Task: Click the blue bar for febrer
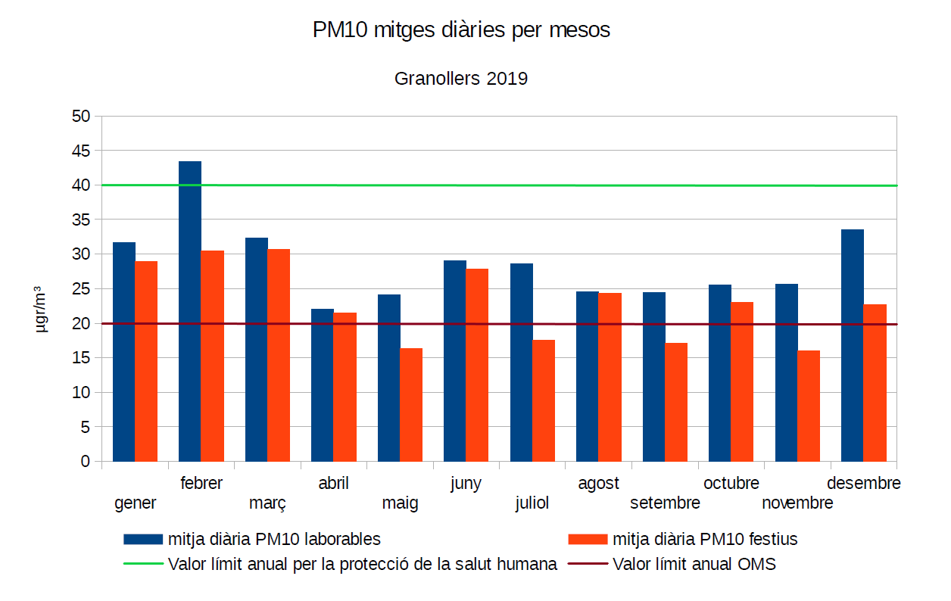click(x=190, y=311)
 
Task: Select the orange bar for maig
click(x=411, y=404)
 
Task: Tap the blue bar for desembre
click(x=853, y=345)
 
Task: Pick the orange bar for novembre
click(x=809, y=406)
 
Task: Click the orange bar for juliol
click(x=544, y=400)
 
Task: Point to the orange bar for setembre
click(x=676, y=402)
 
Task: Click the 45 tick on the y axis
click(x=81, y=151)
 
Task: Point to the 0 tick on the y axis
click(x=86, y=461)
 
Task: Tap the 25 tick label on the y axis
click(x=81, y=289)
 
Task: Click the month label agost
click(x=598, y=483)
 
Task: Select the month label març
click(x=267, y=503)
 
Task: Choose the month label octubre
click(x=731, y=483)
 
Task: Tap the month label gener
click(x=136, y=503)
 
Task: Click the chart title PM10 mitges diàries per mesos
click(x=461, y=30)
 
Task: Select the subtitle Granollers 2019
click(x=461, y=78)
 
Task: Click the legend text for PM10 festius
click(x=705, y=539)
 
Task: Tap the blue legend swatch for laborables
click(x=143, y=539)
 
